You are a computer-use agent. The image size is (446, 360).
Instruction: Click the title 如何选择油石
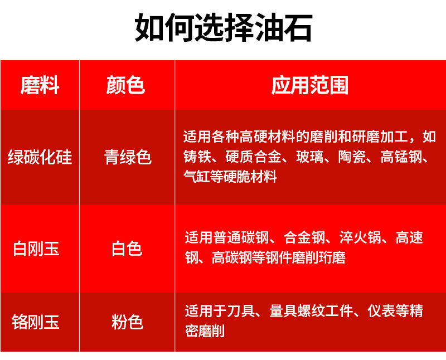pos(223,28)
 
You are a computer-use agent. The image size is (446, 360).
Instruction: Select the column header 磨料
pos(40,86)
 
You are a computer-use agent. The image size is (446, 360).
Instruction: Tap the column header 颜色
pos(126,86)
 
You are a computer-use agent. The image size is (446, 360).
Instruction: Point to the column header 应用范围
pos(310,86)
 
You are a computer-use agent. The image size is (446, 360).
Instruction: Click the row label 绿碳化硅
pos(40,158)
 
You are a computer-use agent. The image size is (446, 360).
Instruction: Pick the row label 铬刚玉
pos(36,322)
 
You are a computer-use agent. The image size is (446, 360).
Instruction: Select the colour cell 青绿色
pos(128,158)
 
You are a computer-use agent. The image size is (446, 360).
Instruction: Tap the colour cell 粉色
pos(127,322)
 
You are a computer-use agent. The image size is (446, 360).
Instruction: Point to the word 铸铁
pos(197,157)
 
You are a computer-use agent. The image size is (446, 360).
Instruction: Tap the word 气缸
pos(197,178)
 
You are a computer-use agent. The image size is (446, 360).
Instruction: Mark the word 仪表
pos(380,311)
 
